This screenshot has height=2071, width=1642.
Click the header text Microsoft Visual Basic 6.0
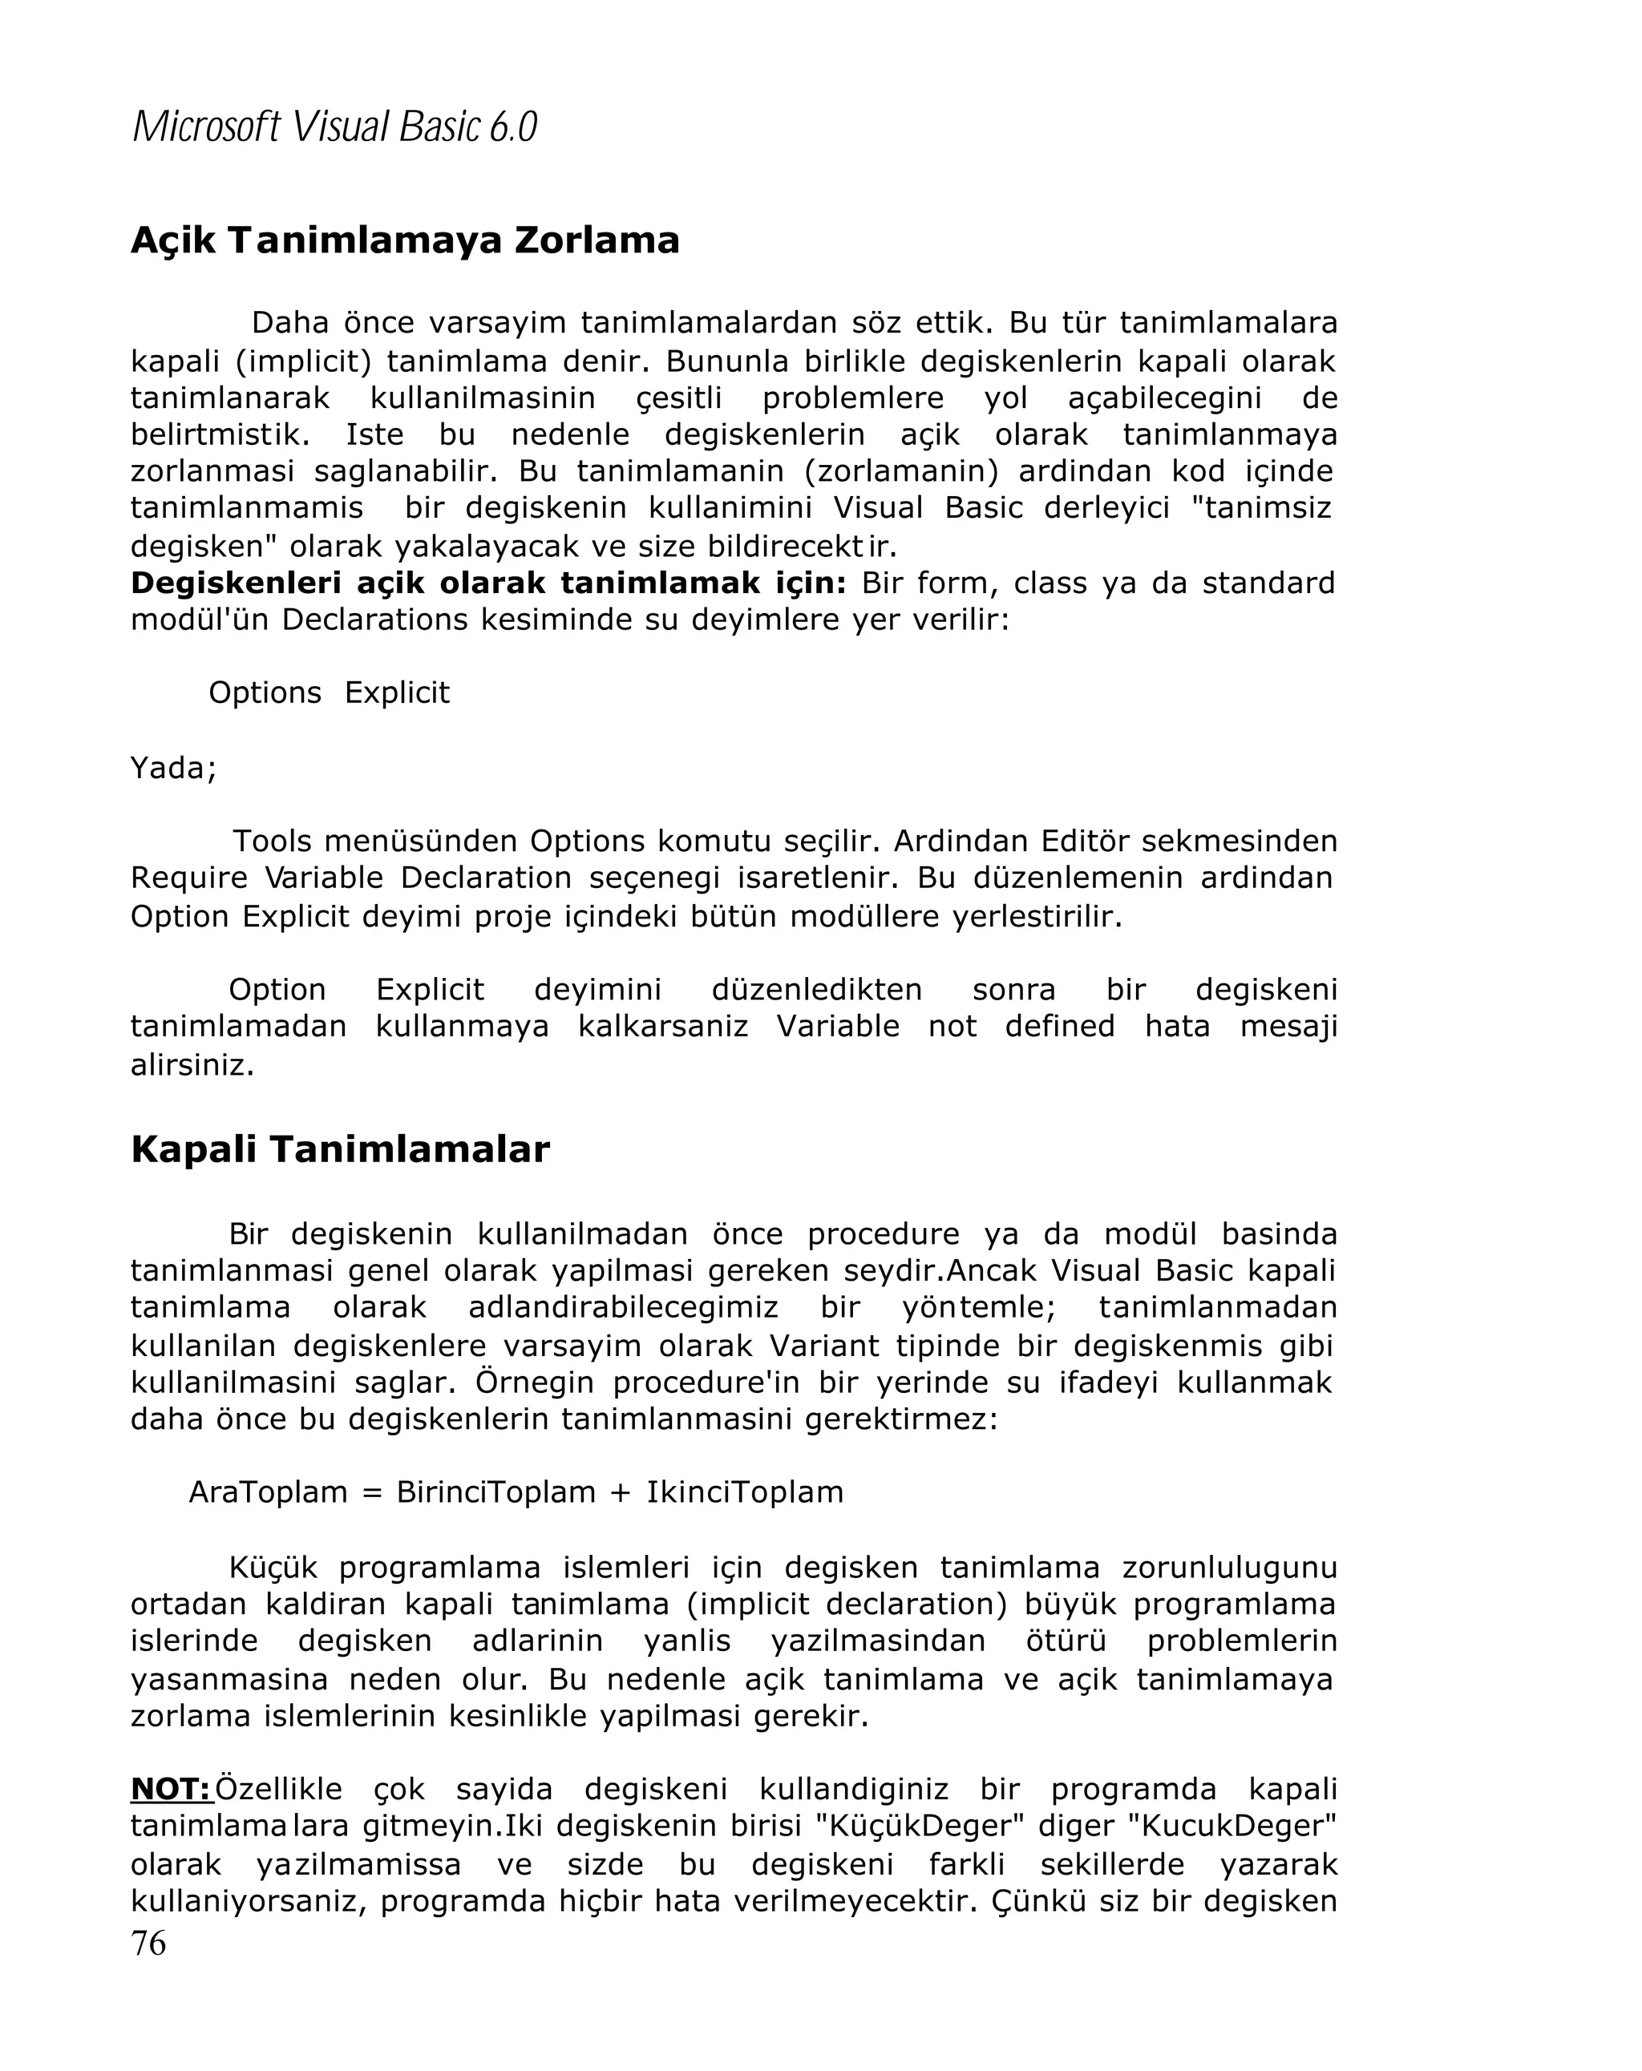(x=334, y=127)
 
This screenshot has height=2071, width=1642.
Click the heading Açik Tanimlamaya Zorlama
(x=405, y=240)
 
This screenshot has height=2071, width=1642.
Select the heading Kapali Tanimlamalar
(x=339, y=1149)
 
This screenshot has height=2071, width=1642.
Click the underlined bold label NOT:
(x=170, y=1789)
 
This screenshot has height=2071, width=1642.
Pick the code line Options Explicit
(x=329, y=692)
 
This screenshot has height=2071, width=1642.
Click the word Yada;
(x=174, y=768)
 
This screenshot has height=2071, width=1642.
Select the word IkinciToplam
(x=745, y=1492)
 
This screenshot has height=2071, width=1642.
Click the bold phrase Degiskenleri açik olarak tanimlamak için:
(x=488, y=583)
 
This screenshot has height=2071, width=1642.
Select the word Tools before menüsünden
(x=272, y=842)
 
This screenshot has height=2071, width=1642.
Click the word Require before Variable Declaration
(x=189, y=878)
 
